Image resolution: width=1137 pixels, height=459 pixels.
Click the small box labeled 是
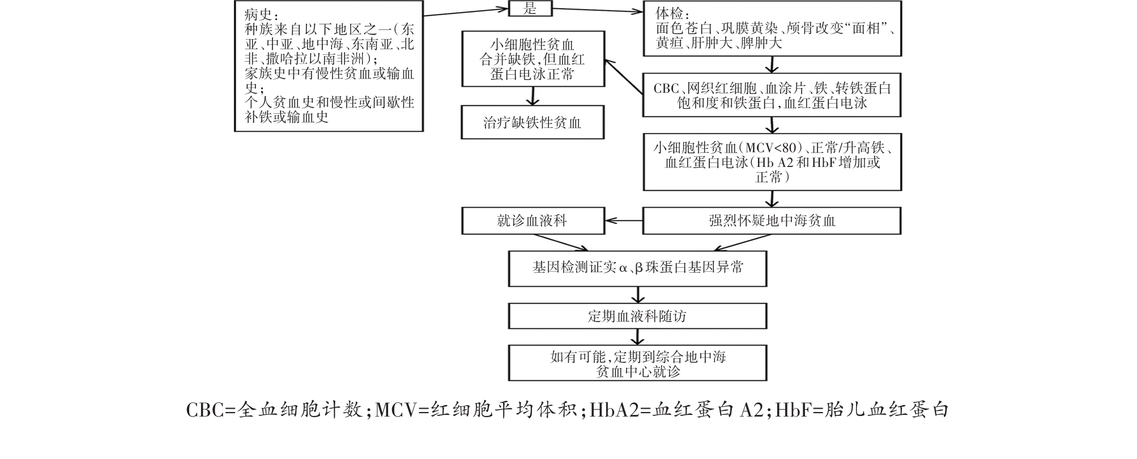click(530, 8)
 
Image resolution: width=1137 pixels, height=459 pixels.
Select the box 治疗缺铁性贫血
click(532, 123)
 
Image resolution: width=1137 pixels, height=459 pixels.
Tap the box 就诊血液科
click(532, 221)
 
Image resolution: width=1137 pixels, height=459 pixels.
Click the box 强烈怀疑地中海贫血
click(772, 221)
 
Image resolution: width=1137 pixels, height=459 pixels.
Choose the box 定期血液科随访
click(637, 316)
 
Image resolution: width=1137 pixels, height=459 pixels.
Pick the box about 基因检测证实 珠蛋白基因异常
click(637, 268)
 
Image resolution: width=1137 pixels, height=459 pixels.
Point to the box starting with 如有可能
click(637, 363)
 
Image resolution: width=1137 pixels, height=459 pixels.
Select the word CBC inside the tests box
click(666, 89)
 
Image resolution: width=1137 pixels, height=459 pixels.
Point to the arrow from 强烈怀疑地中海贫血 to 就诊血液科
click(623, 221)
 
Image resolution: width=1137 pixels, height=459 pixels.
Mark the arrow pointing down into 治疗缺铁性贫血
click(532, 96)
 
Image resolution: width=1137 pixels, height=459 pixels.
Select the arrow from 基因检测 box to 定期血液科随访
click(638, 295)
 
